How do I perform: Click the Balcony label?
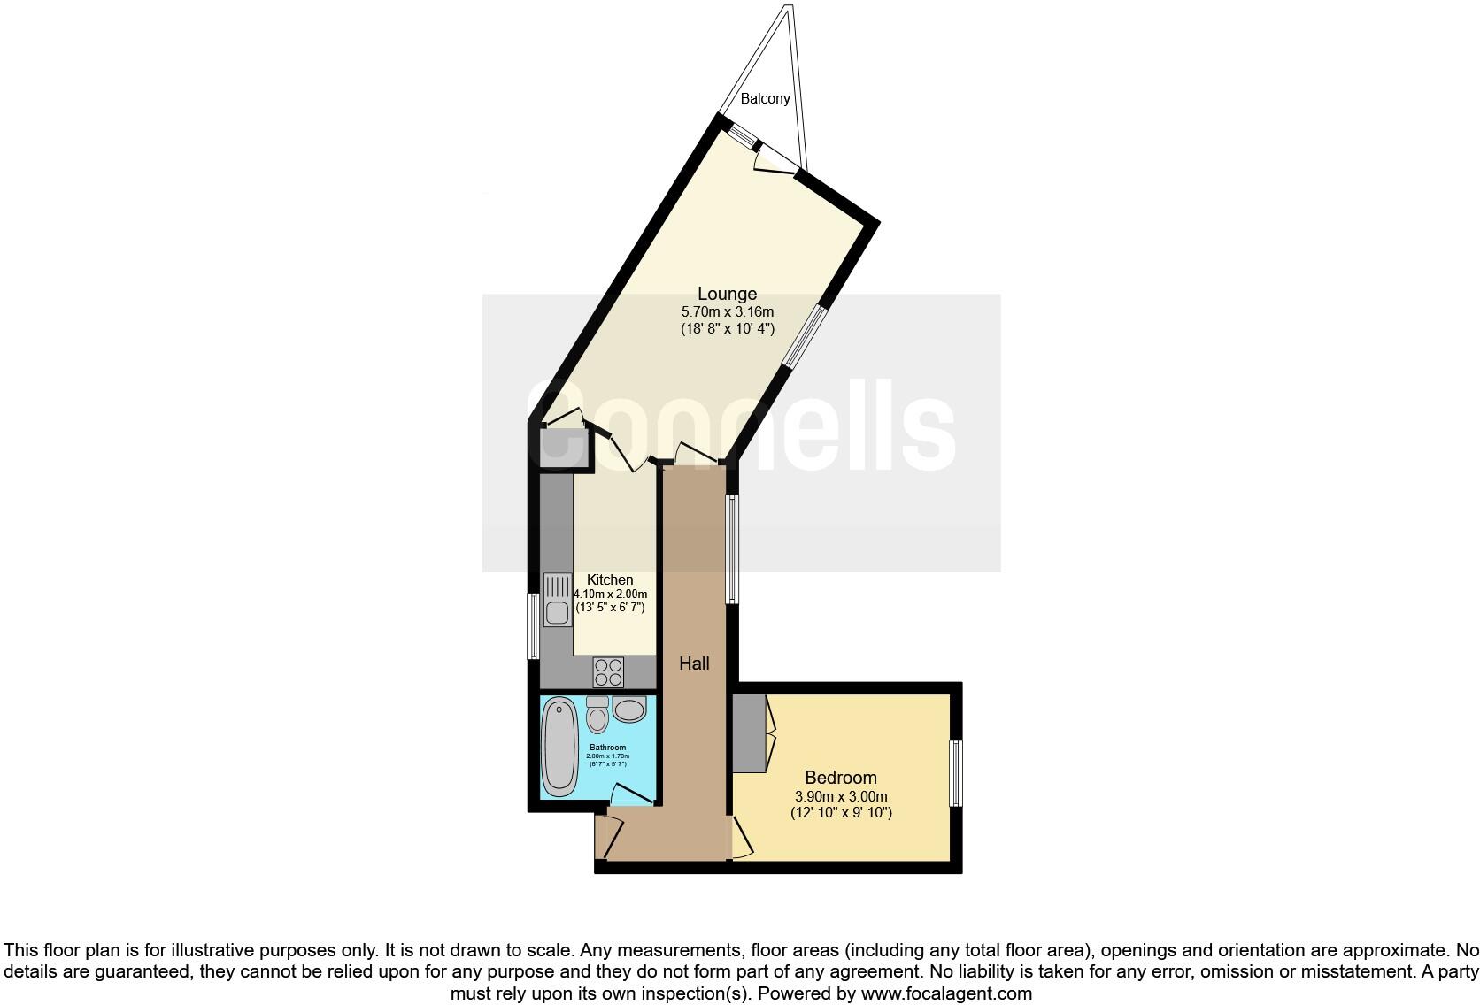(765, 98)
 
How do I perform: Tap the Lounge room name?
(727, 294)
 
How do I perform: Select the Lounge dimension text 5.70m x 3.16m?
(727, 311)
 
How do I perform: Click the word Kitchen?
(610, 579)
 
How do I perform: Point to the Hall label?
(694, 663)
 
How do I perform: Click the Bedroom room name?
(840, 777)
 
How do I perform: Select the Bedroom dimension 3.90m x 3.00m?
(840, 795)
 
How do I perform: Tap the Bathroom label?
(609, 748)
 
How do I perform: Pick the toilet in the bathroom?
(597, 715)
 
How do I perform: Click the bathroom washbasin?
(629, 710)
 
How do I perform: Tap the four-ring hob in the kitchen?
(608, 672)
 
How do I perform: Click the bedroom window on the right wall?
(955, 773)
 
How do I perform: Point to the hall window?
(731, 549)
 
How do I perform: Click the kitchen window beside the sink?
(533, 625)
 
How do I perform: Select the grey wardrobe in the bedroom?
(749, 733)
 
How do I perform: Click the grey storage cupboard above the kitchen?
(557, 447)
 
